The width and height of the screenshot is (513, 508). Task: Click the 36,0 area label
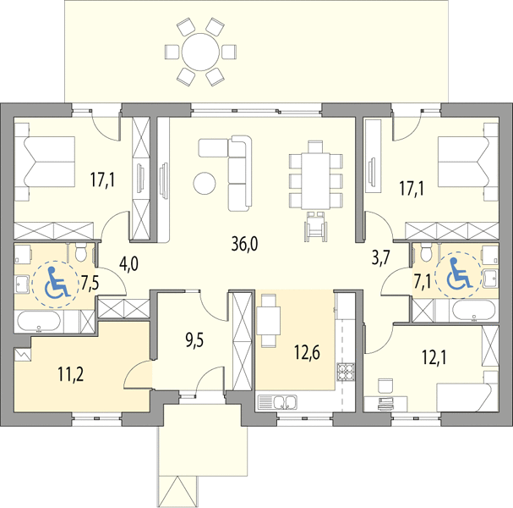[x=244, y=244]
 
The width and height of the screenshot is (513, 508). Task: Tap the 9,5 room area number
[x=194, y=340]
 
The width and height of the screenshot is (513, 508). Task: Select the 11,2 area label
[x=71, y=374]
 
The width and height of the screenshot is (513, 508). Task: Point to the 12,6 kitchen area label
[x=307, y=352]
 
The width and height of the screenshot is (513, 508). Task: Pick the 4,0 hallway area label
[x=129, y=264]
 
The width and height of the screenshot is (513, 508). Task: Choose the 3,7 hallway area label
[x=381, y=257]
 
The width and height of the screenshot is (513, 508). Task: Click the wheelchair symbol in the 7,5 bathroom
[x=57, y=282]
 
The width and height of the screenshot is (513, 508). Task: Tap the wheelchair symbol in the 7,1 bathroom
[x=459, y=273]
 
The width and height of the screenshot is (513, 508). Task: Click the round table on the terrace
[x=200, y=52]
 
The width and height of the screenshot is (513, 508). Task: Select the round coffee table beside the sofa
[x=205, y=184]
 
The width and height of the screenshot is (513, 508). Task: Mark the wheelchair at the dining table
[x=316, y=226]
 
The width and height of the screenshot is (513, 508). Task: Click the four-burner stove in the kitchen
[x=346, y=372]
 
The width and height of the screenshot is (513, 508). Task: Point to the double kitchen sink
[x=277, y=402]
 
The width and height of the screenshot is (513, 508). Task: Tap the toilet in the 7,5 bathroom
[x=80, y=252]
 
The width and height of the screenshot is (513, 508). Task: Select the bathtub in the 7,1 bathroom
[x=473, y=311]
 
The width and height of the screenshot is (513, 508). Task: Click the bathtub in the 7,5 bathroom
[x=39, y=322]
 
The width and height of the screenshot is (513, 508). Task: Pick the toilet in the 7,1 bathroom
[x=426, y=252]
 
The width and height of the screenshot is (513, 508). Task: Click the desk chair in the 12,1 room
[x=385, y=385]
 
